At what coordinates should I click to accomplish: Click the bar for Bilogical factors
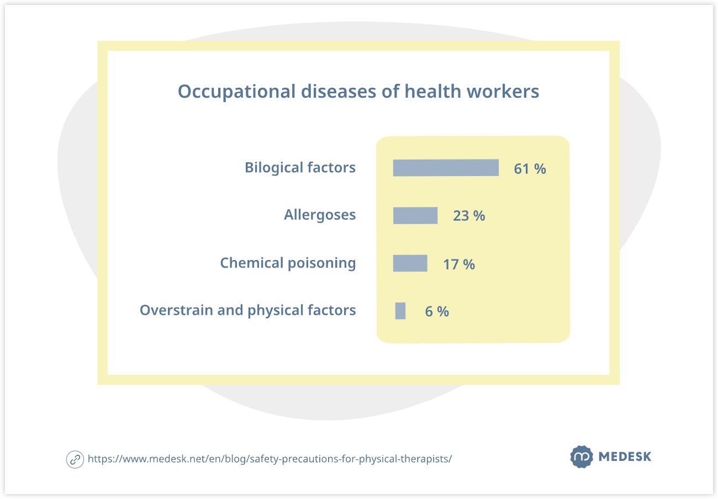446,168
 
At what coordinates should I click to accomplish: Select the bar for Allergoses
415,215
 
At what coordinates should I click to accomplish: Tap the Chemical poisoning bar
410,263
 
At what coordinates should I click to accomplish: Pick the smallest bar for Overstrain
400,311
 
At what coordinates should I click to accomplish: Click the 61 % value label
530,169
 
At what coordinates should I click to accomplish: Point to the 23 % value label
469,216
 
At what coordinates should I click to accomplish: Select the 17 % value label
459,264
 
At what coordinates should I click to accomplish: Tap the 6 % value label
437,312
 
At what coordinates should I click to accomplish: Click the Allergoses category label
320,215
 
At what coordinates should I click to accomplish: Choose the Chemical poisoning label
288,263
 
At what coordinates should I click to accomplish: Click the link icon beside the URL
75,459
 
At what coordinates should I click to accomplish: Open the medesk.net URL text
270,459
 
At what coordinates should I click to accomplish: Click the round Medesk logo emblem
580,457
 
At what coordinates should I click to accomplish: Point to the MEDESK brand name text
625,457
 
